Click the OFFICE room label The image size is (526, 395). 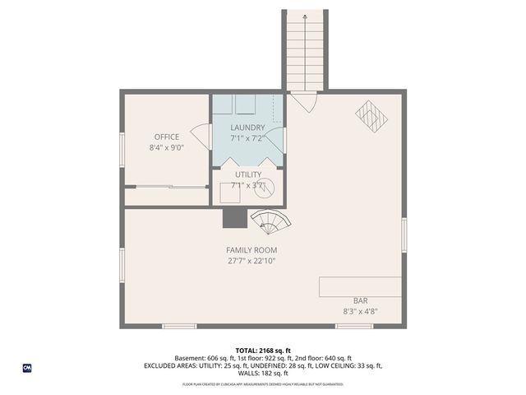(166, 137)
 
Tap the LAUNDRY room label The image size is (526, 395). (247, 128)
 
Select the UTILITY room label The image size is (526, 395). (247, 174)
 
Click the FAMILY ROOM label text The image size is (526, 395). (251, 250)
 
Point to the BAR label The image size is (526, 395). (360, 301)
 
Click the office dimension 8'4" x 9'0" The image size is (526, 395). (166, 148)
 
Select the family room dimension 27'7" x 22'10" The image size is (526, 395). (251, 262)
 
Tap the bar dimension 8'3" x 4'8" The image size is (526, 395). (360, 312)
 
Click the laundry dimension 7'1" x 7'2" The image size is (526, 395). (247, 138)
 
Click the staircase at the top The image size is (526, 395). (304, 49)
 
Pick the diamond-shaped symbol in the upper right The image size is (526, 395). (371, 116)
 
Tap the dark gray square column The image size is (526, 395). (235, 217)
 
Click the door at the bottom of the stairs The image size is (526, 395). (304, 102)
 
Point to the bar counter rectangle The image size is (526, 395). (361, 286)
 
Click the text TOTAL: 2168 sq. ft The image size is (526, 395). (263, 351)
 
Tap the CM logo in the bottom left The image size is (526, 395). (27, 369)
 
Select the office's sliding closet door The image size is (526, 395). (166, 188)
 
